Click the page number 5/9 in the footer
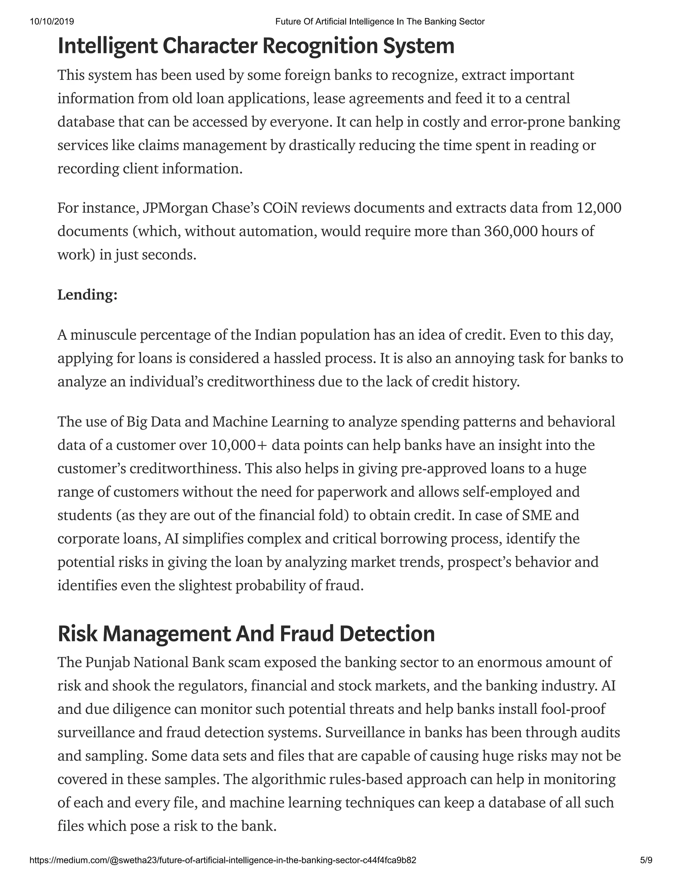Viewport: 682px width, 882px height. (x=646, y=860)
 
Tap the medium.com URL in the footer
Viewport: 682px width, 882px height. (x=223, y=860)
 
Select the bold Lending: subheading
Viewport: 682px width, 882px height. (x=87, y=295)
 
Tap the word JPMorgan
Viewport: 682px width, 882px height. (x=175, y=208)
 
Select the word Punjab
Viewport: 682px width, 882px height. (x=107, y=662)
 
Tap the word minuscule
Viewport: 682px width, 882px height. (x=103, y=335)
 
